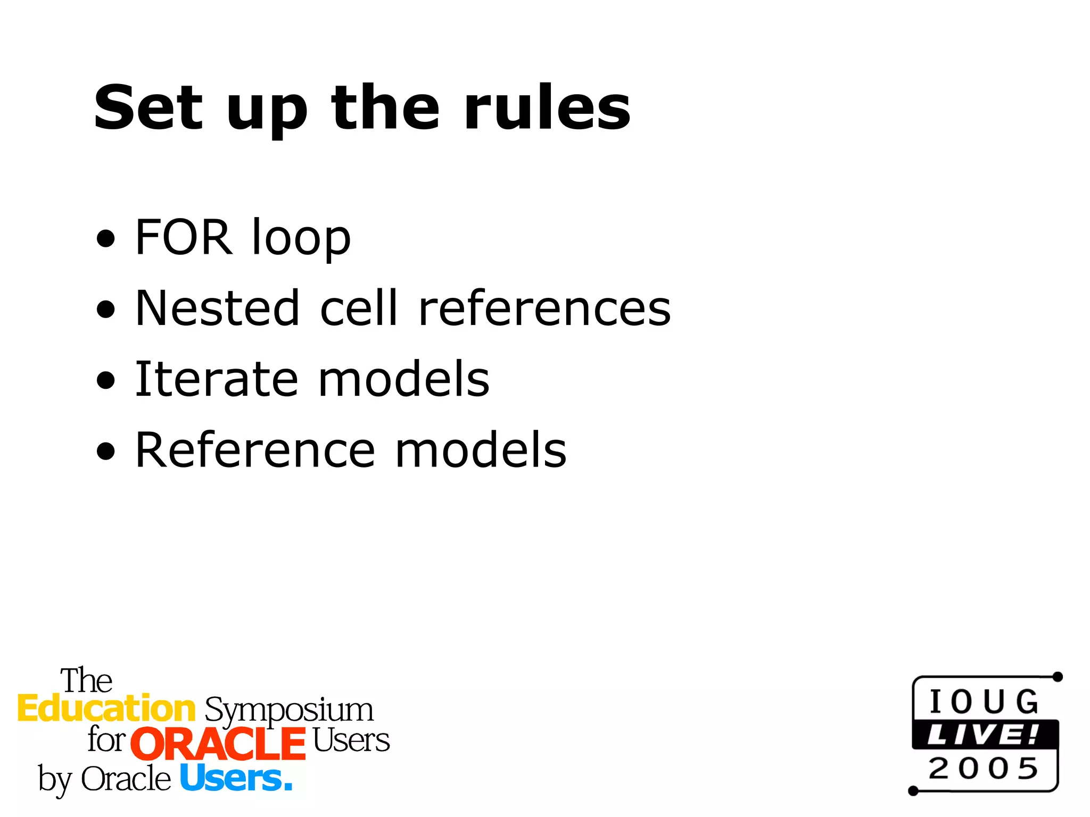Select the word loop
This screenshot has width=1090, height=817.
301,239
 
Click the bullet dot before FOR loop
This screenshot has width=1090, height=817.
106,239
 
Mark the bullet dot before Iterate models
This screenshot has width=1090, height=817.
106,380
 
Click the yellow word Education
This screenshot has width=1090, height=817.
106,709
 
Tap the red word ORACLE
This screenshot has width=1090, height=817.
218,743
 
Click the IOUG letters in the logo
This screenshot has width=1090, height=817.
984,702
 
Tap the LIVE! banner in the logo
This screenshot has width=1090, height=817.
984,735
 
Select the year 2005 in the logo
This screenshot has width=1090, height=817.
984,769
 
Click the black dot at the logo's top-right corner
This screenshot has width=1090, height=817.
1058,677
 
